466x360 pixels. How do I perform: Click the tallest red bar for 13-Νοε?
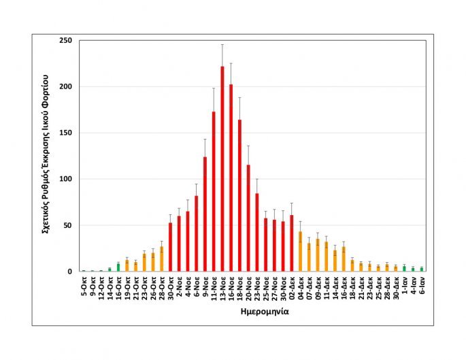(x=222, y=170)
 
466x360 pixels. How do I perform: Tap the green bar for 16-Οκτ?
(x=118, y=267)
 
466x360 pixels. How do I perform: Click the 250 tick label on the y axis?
(x=67, y=41)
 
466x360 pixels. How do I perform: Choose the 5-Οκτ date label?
(x=83, y=289)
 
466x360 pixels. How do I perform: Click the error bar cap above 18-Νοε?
(x=239, y=97)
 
